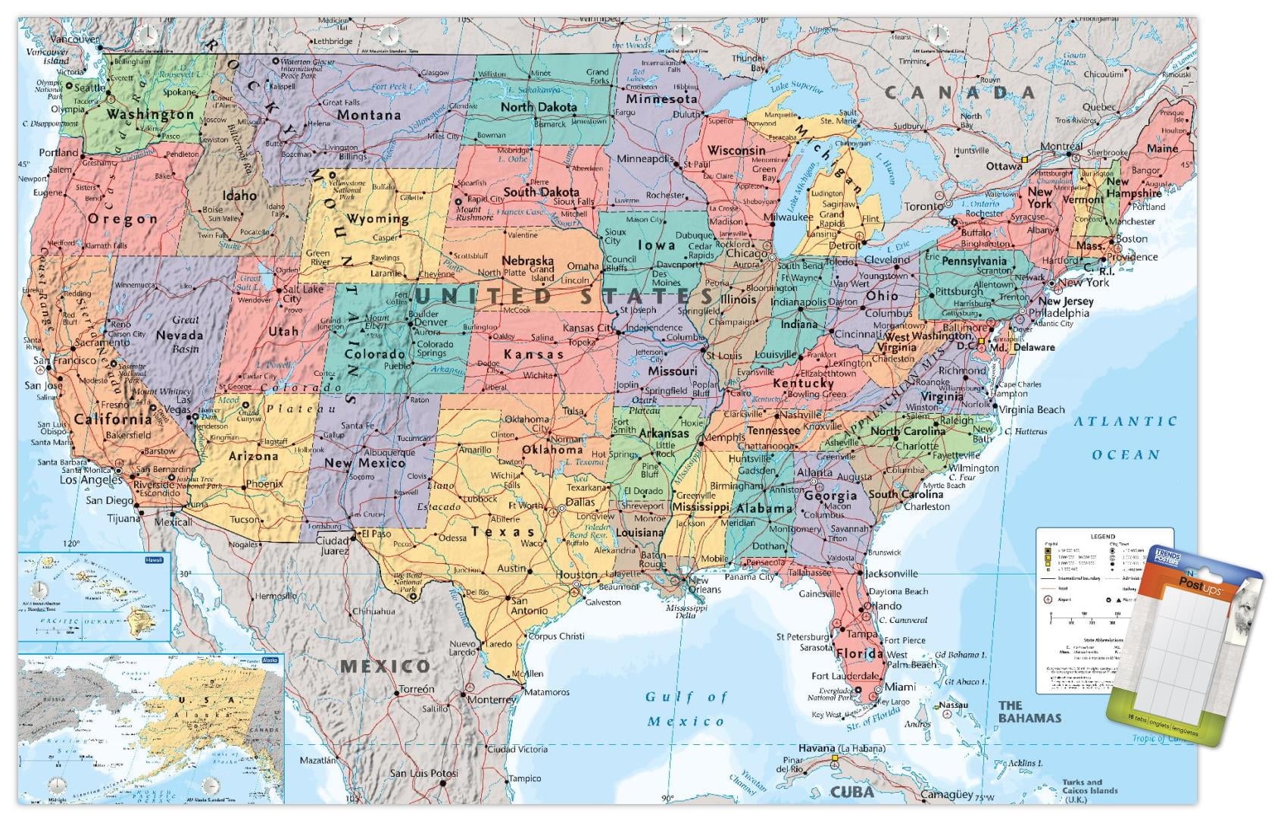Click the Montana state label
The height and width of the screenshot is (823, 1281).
[x=368, y=115]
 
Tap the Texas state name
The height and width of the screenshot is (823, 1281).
[x=503, y=532]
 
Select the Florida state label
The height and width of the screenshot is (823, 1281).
[x=860, y=653]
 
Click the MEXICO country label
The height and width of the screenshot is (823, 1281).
[x=385, y=667]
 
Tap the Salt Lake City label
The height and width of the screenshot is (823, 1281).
[x=302, y=294]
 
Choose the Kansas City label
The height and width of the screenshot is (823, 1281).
[x=589, y=328]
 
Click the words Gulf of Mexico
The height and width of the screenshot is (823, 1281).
[x=686, y=709]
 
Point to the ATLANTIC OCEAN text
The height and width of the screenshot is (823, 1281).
[x=1125, y=437]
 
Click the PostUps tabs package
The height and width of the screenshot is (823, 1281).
[x=1182, y=644]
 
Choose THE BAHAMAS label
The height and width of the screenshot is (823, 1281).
[x=1029, y=712]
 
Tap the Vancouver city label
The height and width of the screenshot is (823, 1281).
[x=74, y=39]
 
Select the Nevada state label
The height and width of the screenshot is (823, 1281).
[x=179, y=335]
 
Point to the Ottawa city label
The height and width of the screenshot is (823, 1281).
[x=1004, y=167]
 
